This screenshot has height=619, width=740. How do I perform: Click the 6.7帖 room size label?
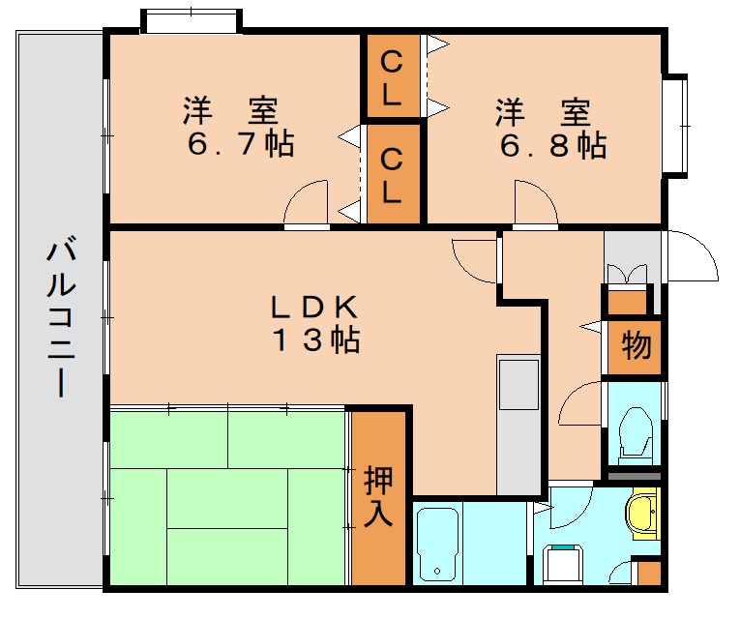(x=241, y=145)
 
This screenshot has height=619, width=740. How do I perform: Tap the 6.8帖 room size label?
(x=552, y=145)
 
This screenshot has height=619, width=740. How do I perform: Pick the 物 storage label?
(x=635, y=345)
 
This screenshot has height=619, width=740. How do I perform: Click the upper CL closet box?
(x=392, y=77)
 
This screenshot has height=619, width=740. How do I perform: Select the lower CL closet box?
(x=392, y=175)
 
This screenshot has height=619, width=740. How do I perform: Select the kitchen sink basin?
(x=518, y=385)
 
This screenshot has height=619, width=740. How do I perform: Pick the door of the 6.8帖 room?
(x=535, y=203)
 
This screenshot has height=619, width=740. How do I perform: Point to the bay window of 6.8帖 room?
(x=676, y=126)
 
